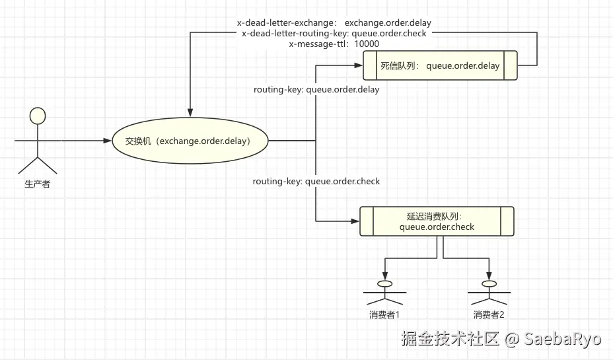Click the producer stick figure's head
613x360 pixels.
tap(38, 116)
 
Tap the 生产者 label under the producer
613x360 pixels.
tap(38, 184)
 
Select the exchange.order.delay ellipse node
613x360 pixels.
tap(190, 141)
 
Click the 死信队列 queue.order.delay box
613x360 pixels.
tap(440, 65)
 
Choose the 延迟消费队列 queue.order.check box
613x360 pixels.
tap(437, 221)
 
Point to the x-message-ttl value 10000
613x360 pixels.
tap(367, 44)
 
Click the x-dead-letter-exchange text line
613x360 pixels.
tap(334, 22)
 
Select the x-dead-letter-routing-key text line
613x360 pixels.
tap(334, 34)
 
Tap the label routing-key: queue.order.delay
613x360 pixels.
tap(316, 90)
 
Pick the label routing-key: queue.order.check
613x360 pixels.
tap(316, 182)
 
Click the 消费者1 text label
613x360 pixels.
tap(384, 314)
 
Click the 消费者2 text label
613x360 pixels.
tap(489, 314)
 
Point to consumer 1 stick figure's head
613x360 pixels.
tap(384, 284)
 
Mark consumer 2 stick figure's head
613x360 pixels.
tap(489, 284)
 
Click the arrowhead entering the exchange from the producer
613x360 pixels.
tap(108, 141)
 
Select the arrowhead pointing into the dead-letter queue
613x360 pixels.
tap(359, 65)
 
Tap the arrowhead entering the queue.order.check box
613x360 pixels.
tap(355, 221)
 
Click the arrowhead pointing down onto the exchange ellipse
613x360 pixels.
tap(190, 112)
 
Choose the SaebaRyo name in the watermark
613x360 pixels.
tap(562, 338)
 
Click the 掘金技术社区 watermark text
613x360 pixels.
tap(450, 338)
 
